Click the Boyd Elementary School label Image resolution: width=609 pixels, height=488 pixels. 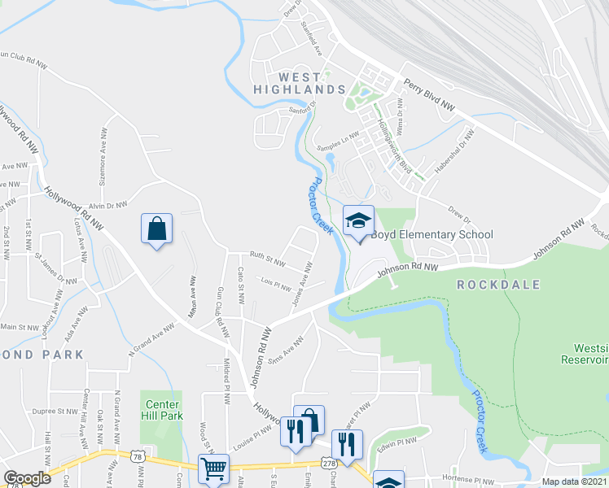coord(432,235)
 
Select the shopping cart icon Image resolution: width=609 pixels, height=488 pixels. coord(213,468)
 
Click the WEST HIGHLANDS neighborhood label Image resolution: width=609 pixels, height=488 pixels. coord(299,81)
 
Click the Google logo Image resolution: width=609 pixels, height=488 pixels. coord(27,478)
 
